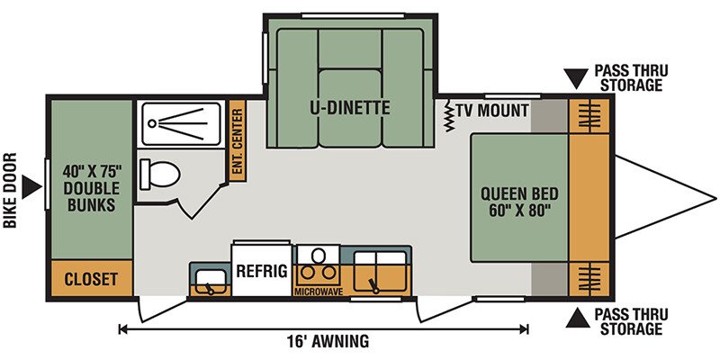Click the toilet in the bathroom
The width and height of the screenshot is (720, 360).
(160, 173)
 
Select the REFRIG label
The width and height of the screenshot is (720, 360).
(262, 271)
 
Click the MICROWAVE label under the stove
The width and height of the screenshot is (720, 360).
(319, 291)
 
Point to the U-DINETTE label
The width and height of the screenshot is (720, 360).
(350, 108)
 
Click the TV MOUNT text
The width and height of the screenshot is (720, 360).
(491, 110)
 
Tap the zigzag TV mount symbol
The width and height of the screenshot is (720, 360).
(449, 116)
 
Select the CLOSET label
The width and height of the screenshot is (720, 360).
(91, 279)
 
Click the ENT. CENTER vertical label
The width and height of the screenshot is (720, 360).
(238, 141)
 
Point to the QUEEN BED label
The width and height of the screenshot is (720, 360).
(519, 193)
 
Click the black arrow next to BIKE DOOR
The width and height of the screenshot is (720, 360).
(32, 188)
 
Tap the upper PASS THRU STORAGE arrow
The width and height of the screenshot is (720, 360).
(576, 78)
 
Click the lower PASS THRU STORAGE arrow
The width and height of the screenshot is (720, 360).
(577, 318)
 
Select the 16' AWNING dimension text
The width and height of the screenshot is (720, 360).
(327, 342)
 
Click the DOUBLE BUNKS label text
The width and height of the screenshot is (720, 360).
(92, 196)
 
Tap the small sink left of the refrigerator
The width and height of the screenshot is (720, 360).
(211, 282)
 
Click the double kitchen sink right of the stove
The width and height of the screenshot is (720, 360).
(381, 272)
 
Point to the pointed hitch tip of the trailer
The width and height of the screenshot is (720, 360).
(715, 198)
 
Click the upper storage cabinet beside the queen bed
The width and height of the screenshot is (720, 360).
(589, 116)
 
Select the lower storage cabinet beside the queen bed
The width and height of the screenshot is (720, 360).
(589, 279)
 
